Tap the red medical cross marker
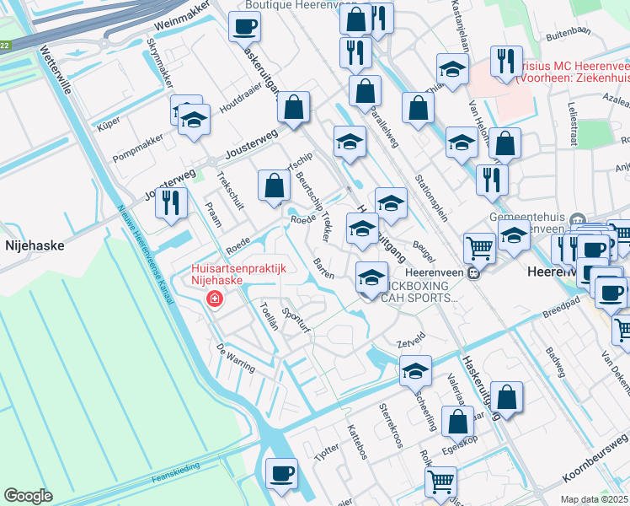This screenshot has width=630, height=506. pyautogui.click(x=215, y=300)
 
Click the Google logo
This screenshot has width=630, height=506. pyautogui.click(x=28, y=496)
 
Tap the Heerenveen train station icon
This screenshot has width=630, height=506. pyautogui.click(x=473, y=272)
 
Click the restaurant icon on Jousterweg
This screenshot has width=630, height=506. pyautogui.click(x=172, y=202)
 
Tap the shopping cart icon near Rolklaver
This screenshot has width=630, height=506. pyautogui.click(x=441, y=482)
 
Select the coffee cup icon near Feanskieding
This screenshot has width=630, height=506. pyautogui.click(x=281, y=472)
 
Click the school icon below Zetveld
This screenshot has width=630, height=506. pyautogui.click(x=415, y=369)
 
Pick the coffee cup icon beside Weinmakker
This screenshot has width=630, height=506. pyautogui.click(x=244, y=26)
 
